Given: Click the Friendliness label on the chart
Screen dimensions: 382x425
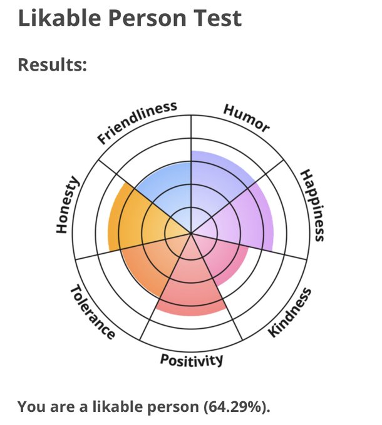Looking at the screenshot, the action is tap(137, 122).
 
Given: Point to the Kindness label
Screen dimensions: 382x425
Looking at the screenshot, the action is tap(289, 312).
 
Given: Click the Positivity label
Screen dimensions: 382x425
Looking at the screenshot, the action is tap(191, 360).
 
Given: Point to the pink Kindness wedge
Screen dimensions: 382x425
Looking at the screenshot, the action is tap(219, 256).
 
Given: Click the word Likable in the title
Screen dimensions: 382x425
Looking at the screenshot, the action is tap(59, 18).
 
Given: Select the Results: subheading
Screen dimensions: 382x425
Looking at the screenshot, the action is tap(52, 64).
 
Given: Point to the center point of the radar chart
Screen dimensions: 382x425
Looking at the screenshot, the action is tap(190, 233).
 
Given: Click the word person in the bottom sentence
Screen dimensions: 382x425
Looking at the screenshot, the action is tap(168, 407).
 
